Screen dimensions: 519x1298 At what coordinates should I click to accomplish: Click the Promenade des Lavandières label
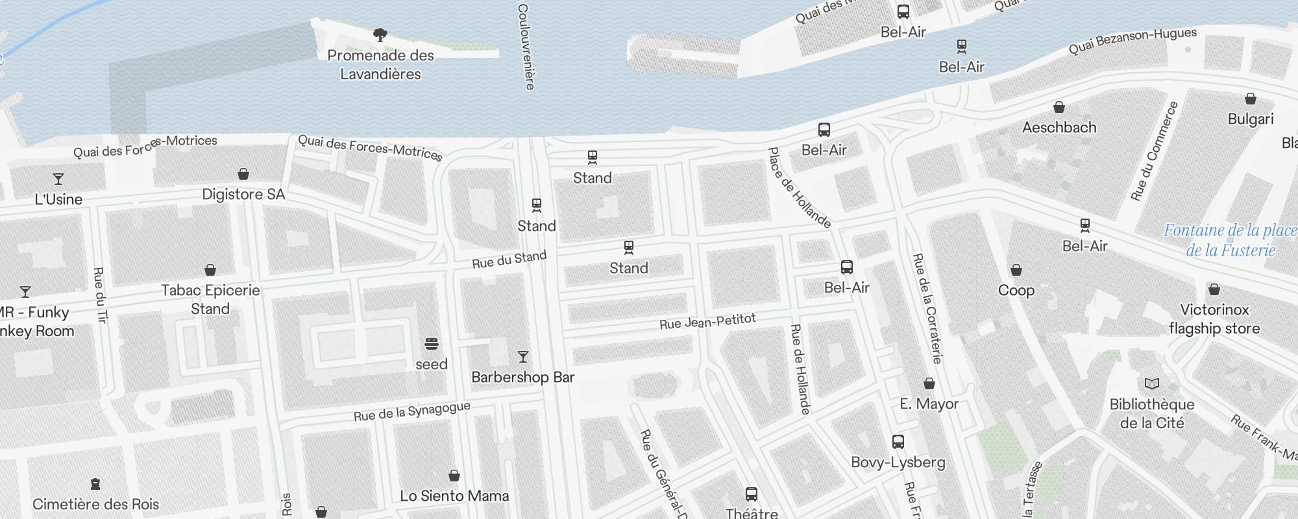point(380,65)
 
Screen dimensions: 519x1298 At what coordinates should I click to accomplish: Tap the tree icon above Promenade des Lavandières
point(380,35)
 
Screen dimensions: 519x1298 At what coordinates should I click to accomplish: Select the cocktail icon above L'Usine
point(58,179)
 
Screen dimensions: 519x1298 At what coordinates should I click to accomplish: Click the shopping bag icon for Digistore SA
point(243,174)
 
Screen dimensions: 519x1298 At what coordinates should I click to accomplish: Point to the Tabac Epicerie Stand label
point(210,300)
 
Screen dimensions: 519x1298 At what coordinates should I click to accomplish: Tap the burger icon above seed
point(432,343)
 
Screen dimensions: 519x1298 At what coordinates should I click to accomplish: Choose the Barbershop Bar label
point(522,378)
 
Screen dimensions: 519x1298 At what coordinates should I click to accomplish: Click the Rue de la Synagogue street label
point(412,411)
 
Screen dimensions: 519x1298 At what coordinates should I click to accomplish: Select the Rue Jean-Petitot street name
point(707,322)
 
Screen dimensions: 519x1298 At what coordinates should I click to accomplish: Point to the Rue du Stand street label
point(509,259)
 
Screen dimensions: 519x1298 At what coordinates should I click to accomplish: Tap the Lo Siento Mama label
point(454,496)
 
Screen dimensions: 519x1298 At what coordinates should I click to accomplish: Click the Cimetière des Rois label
point(95,504)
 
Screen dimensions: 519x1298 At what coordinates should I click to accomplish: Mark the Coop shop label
point(1016,291)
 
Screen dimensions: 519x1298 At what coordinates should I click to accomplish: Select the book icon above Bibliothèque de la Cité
point(1152,383)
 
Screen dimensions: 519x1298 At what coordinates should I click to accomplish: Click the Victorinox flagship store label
point(1214,319)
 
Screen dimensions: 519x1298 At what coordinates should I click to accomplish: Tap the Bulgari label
point(1251,119)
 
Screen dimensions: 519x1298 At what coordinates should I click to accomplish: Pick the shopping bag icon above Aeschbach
point(1059,107)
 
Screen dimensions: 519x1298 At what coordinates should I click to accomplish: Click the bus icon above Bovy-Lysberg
point(898,442)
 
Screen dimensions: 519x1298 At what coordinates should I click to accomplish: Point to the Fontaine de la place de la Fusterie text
point(1230,240)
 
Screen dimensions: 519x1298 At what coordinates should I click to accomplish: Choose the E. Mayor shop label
point(929,404)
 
